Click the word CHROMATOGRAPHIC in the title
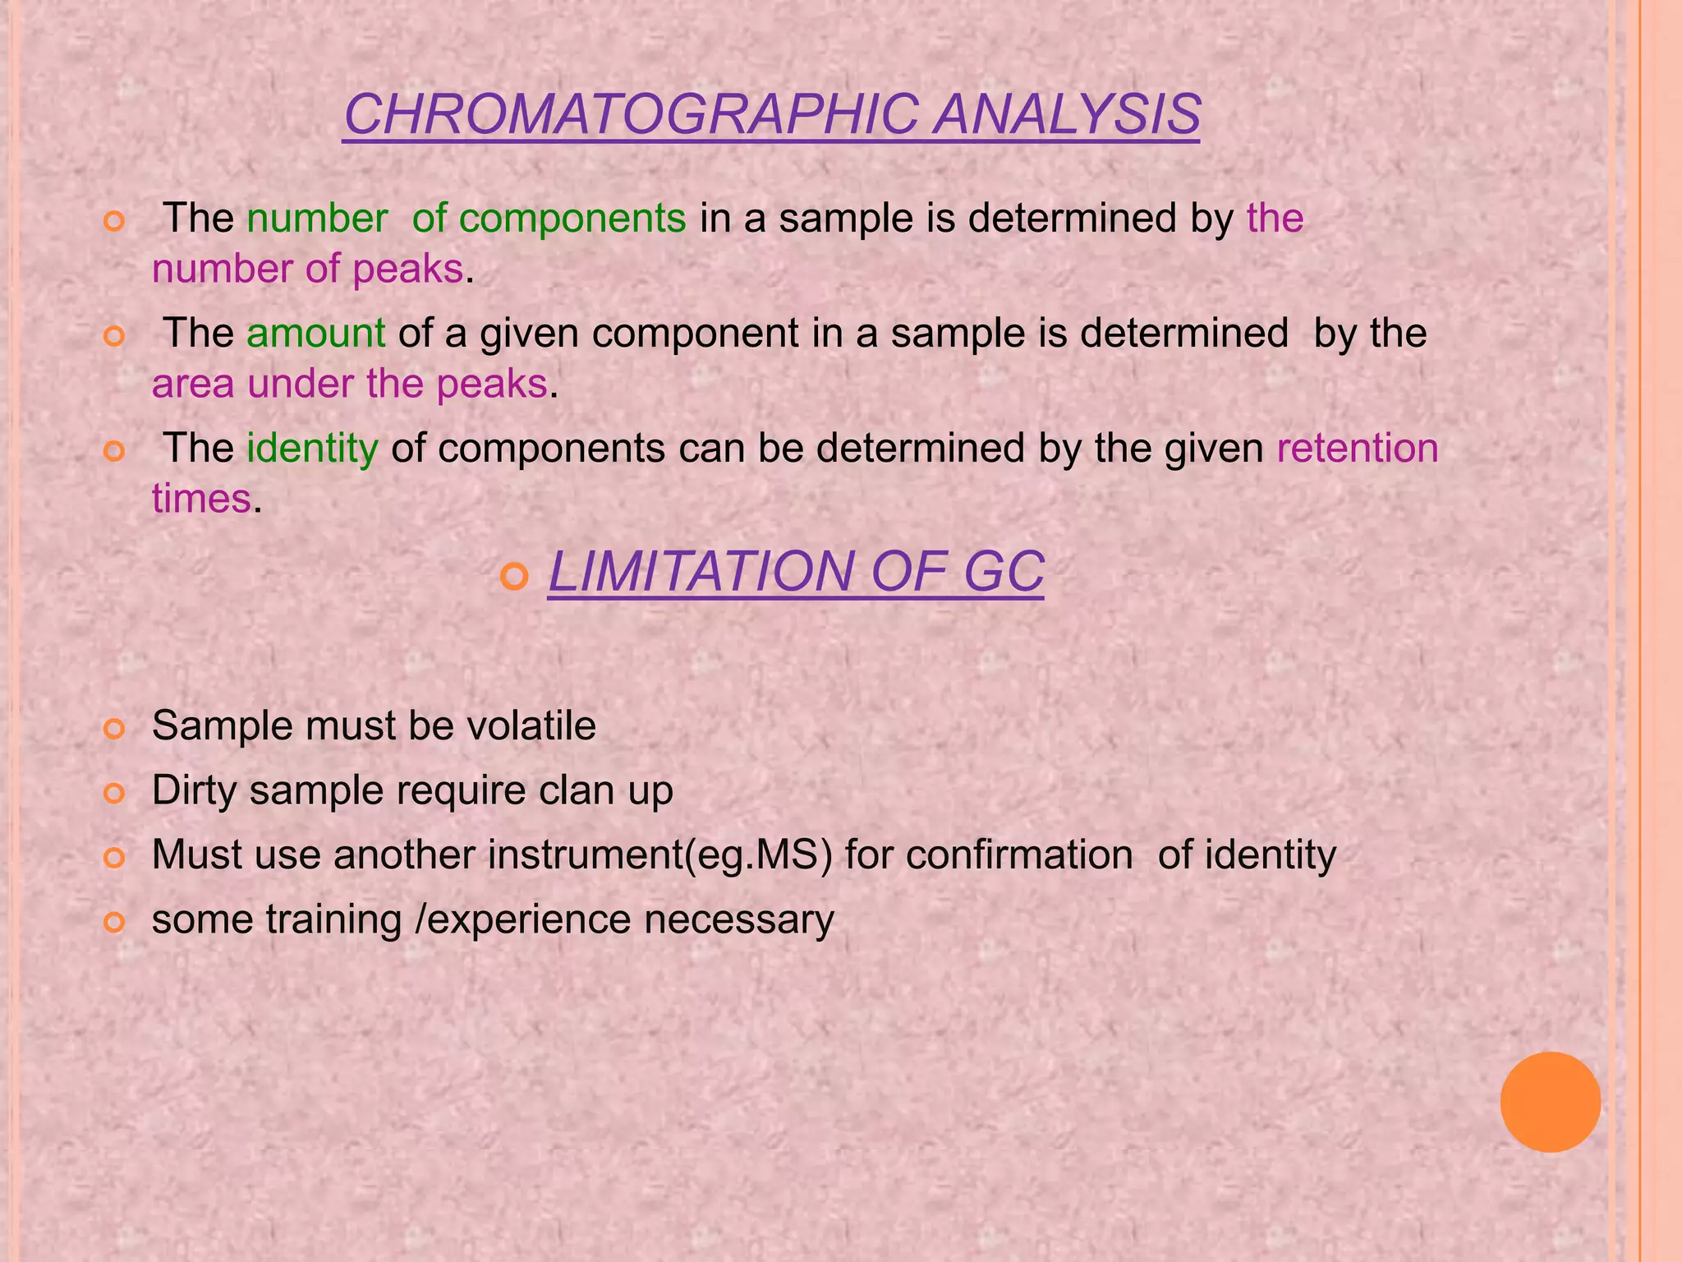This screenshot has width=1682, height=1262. pos(631,115)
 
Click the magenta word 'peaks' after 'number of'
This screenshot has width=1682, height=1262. pos(408,269)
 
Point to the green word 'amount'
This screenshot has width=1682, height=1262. pos(315,334)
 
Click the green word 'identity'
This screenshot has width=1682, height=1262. pos(312,449)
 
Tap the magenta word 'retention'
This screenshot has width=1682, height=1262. pos(1357,449)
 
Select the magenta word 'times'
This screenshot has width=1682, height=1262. pos(201,500)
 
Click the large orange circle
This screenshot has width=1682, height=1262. pos(1550,1102)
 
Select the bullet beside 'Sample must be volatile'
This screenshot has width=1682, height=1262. pos(114,729)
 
